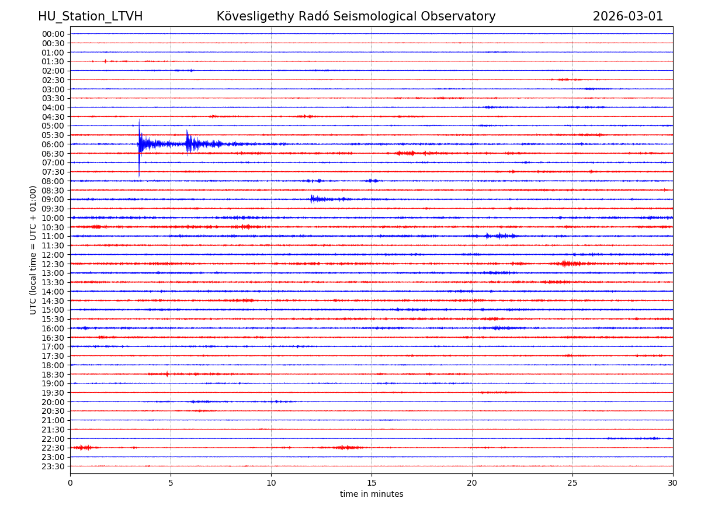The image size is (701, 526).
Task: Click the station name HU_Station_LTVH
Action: point(90,16)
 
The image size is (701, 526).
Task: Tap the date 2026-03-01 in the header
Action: point(628,16)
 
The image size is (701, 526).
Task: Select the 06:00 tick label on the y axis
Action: point(53,144)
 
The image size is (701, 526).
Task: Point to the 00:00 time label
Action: point(53,34)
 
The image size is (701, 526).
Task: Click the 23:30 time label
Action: point(53,466)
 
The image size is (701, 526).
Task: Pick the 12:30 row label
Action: point(53,264)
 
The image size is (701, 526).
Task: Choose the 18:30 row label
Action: point(53,375)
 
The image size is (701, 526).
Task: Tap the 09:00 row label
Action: point(53,199)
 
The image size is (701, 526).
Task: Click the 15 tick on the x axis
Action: point(372,483)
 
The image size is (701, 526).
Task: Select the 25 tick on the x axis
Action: point(572,483)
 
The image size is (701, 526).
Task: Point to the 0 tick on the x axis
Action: point(70,483)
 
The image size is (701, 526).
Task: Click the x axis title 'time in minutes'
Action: point(372,494)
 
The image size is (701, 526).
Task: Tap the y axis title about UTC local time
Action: point(33,250)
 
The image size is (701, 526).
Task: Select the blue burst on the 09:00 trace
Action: point(313,199)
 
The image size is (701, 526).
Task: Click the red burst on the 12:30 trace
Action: point(565,264)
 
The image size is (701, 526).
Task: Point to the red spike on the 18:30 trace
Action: point(167,374)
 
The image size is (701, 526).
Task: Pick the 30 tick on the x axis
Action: point(673,483)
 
